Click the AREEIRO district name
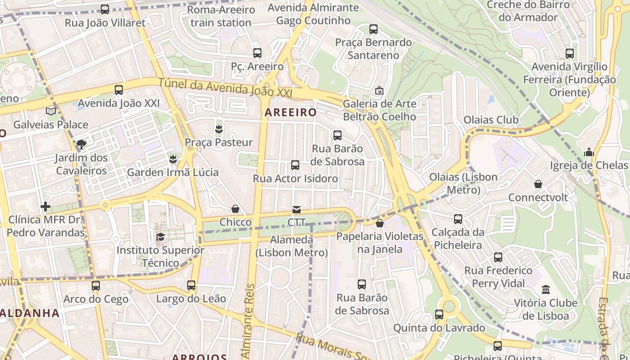290,112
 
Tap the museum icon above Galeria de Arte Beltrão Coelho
379,90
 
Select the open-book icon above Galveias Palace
51,111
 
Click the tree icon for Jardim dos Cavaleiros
81,144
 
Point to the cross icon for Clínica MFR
45,207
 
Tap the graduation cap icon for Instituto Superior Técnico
160,237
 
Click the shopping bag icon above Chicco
235,209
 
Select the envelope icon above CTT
296,209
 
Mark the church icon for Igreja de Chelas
589,152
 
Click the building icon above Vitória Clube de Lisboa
546,289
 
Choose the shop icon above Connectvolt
538,184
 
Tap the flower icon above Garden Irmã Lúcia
172,159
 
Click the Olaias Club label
491,120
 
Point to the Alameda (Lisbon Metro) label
292,246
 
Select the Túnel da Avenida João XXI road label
225,86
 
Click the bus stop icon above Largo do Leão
191,285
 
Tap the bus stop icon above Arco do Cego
95,286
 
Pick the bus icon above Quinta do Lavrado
439,315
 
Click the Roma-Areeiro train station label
220,16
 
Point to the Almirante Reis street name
249,322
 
